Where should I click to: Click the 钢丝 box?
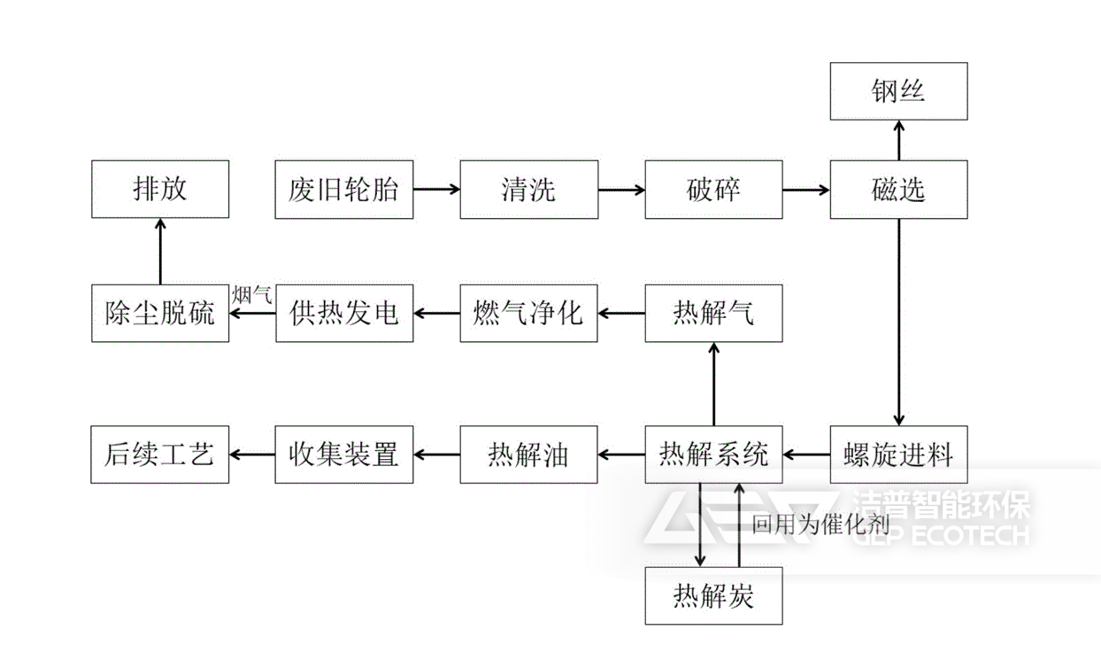[898, 91]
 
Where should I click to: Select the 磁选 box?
[898, 190]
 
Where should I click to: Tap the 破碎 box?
[713, 190]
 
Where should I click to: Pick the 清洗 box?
[528, 190]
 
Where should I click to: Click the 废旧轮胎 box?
[343, 190]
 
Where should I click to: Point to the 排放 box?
[160, 190]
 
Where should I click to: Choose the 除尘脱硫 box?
[160, 313]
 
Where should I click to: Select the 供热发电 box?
[343, 313]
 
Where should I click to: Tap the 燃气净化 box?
[528, 313]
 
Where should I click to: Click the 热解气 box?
[713, 313]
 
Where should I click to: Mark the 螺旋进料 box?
[898, 455]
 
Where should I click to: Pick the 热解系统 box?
[713, 455]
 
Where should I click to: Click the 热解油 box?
[528, 455]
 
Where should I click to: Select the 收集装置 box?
[343, 455]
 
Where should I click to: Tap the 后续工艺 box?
[160, 455]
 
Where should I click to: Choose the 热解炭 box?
[713, 595]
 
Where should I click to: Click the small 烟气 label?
[252, 294]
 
